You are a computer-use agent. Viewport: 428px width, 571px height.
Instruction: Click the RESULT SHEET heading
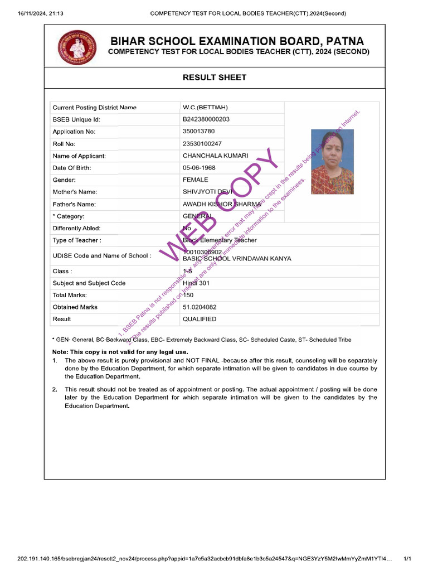point(215,78)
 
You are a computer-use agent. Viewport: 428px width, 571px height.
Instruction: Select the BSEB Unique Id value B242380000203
point(206,119)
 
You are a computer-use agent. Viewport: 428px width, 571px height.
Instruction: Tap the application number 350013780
point(198,132)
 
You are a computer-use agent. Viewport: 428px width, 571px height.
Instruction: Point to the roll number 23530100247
point(202,144)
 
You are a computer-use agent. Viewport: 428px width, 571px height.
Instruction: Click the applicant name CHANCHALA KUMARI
point(216,156)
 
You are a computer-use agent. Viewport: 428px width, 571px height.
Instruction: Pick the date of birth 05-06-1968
point(199,168)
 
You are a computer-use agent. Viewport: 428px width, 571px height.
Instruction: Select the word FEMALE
point(196,180)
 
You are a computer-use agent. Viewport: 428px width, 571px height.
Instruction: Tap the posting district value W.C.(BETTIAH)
point(205,107)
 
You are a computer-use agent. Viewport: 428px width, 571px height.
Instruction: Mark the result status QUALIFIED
point(200,320)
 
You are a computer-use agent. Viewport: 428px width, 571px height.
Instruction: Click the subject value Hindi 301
point(196,283)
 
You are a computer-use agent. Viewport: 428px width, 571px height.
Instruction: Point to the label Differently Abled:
point(77,228)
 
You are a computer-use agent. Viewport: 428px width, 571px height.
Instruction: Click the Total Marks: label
point(70,295)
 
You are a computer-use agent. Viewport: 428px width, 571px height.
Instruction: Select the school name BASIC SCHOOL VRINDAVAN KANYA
point(237,259)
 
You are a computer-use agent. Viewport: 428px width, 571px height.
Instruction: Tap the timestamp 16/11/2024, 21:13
point(40,13)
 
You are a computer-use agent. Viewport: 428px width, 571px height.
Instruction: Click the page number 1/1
point(407,558)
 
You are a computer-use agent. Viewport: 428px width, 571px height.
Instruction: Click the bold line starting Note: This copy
point(120,352)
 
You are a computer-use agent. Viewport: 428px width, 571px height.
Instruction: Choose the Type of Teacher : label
point(77,240)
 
